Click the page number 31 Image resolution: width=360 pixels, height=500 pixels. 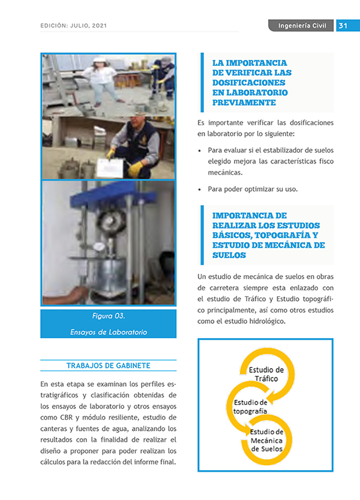point(344,26)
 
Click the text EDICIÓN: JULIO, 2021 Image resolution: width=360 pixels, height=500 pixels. point(74,26)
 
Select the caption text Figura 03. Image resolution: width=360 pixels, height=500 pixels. point(109,316)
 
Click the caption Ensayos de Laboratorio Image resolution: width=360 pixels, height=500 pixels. point(109,332)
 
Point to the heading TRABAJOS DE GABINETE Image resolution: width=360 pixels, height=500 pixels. point(108,366)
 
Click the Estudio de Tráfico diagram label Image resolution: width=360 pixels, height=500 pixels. point(266,374)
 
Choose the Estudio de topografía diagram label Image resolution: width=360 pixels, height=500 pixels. point(250,406)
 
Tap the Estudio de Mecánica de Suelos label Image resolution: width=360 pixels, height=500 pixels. point(266,441)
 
